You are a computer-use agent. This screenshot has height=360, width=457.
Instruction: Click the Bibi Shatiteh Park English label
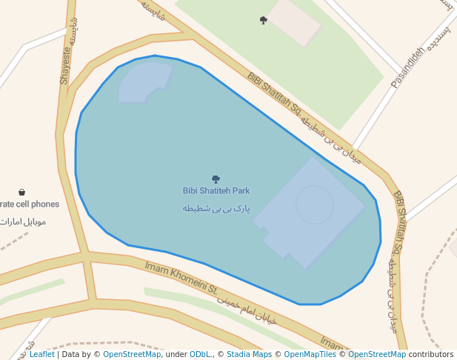click(216, 191)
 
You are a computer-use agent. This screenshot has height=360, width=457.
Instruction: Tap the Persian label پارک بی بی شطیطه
click(216, 208)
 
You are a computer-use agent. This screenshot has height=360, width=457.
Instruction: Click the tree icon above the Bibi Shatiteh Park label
click(216, 179)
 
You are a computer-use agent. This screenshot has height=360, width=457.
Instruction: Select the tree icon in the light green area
click(264, 20)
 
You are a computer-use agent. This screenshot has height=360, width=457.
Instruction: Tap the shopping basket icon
click(22, 192)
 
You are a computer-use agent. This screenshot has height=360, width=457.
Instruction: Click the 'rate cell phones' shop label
click(29, 204)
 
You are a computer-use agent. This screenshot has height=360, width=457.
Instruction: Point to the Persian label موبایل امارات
click(25, 221)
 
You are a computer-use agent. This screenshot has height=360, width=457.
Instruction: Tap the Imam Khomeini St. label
click(181, 277)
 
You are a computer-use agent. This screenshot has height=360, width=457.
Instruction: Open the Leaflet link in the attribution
click(41, 355)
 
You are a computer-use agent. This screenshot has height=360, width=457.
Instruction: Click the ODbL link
click(200, 355)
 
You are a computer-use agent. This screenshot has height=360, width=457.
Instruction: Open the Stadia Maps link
click(249, 355)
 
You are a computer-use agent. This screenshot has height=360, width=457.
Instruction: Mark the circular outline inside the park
click(315, 204)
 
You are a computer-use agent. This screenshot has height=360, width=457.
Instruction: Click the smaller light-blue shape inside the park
click(144, 81)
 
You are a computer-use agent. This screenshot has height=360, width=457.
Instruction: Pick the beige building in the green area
click(294, 20)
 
